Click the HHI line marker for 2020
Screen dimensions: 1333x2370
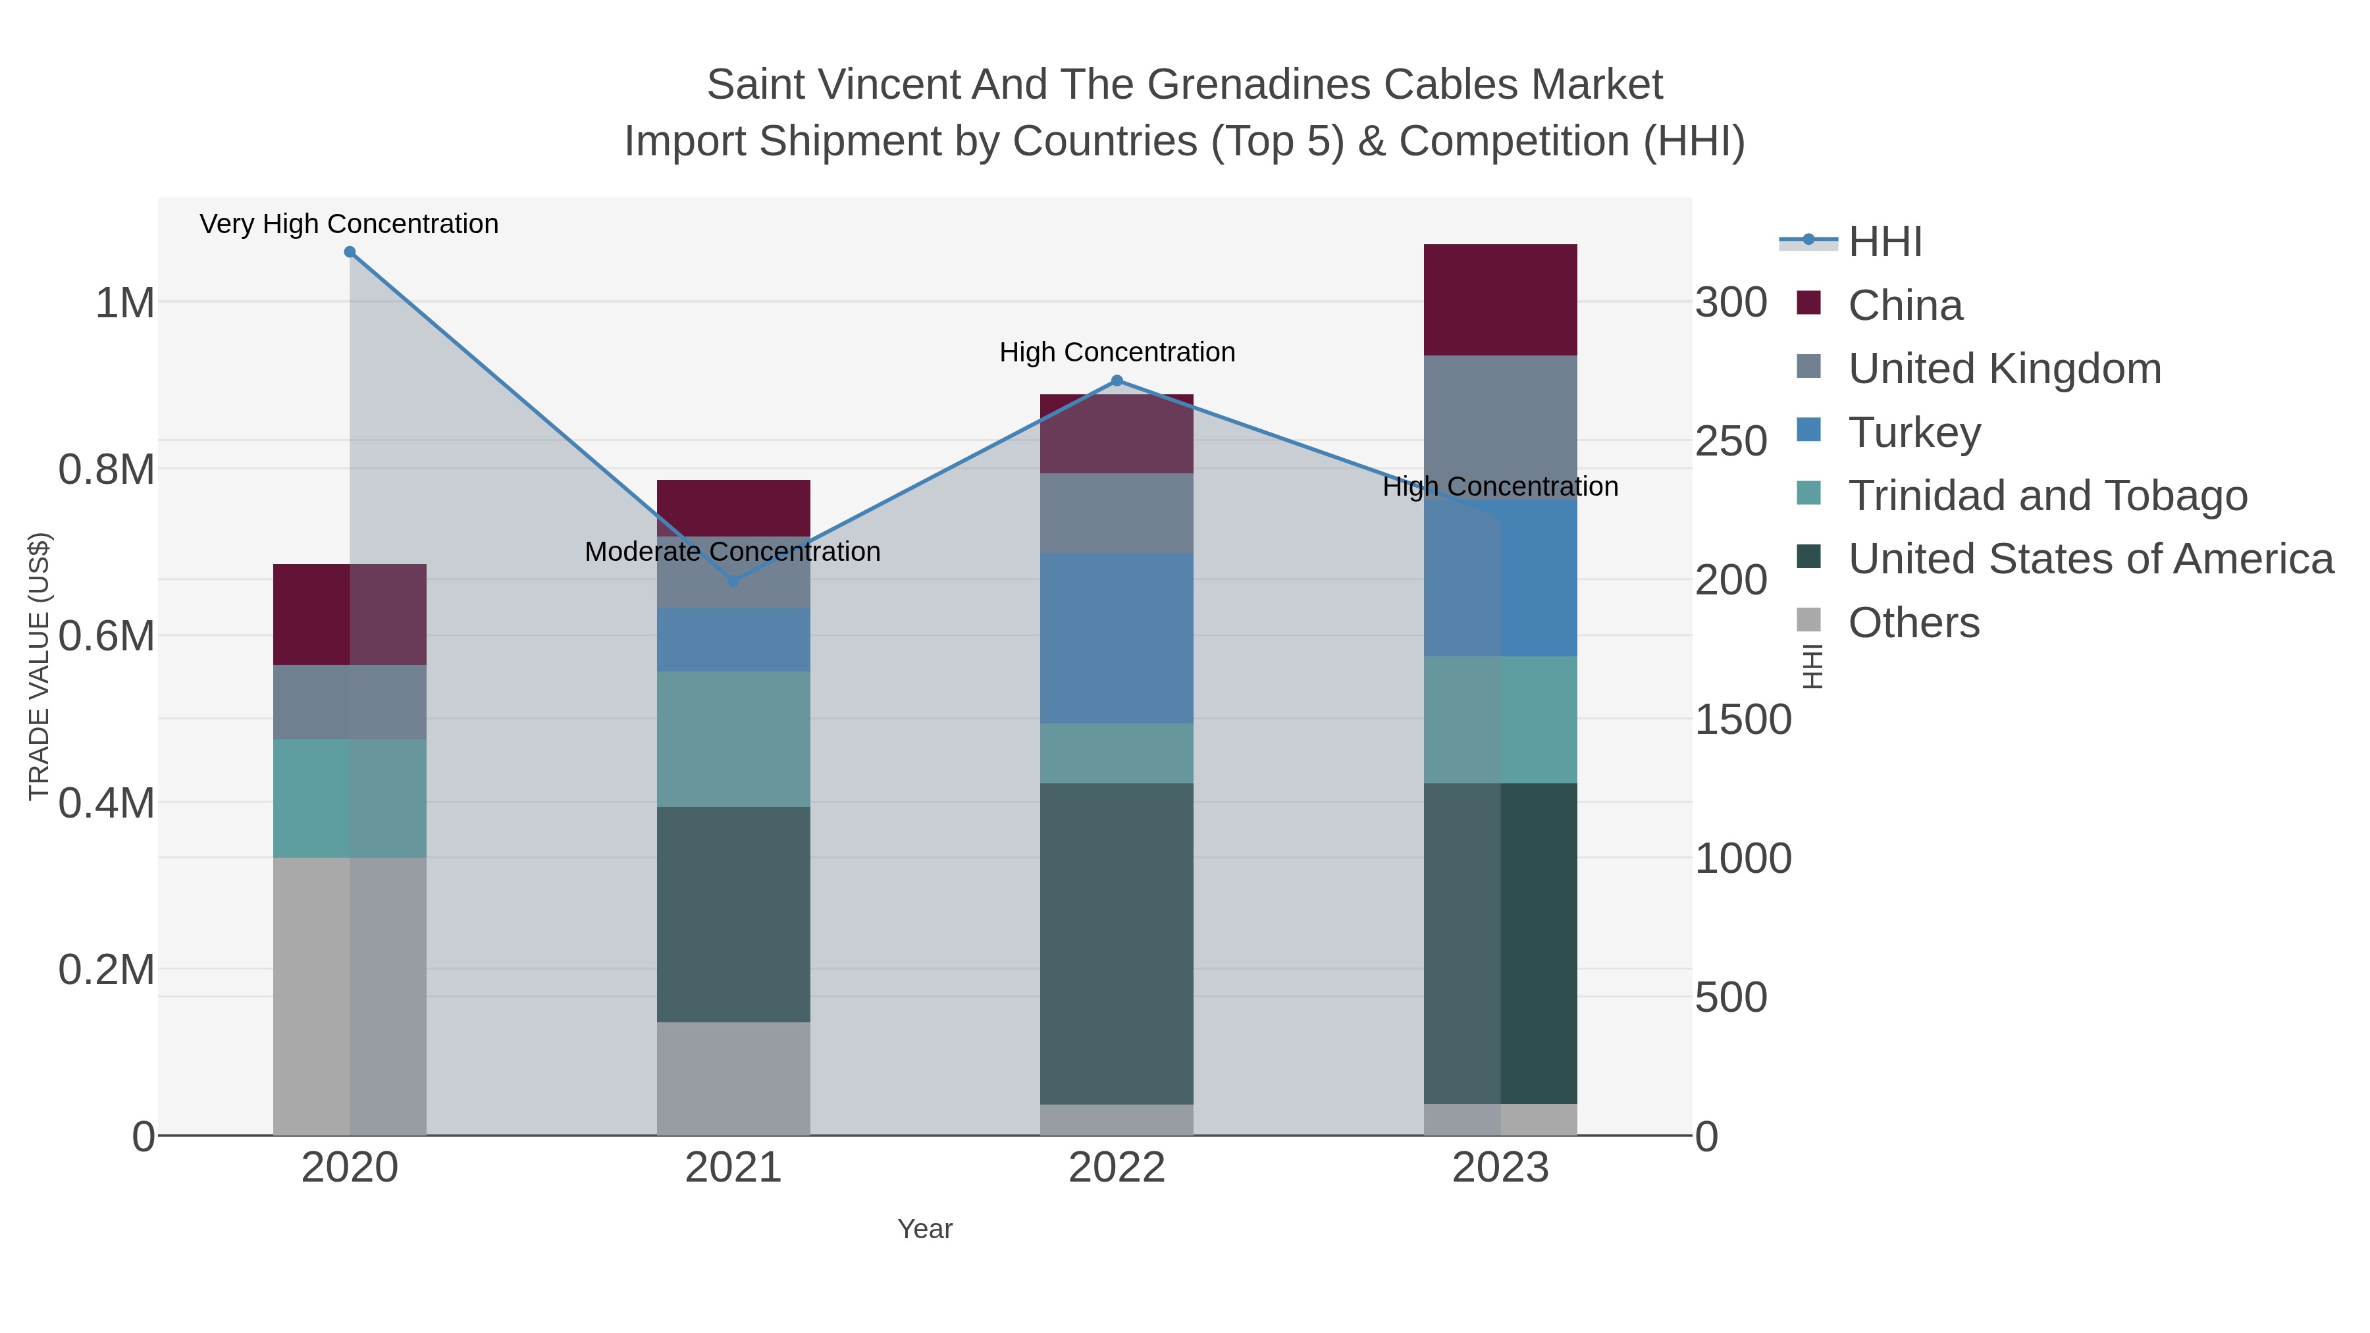tap(350, 252)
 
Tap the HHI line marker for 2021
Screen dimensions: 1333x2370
tap(733, 581)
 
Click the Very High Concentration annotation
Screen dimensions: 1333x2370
tap(350, 224)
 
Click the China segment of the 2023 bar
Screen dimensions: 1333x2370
tap(1500, 300)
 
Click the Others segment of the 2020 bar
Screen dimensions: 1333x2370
tap(350, 997)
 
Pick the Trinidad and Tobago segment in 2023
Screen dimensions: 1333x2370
tap(1500, 719)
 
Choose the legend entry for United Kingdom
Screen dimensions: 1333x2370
tap(2004, 369)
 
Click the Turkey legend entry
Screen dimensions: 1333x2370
tap(1914, 432)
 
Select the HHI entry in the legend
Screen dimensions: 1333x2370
tap(1884, 242)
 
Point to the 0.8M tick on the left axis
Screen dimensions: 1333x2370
tap(107, 469)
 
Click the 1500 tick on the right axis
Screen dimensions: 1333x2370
tap(1743, 719)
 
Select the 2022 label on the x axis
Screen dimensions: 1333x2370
tap(1117, 1168)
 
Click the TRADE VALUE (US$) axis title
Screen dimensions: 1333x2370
tap(39, 666)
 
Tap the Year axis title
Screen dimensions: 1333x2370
tap(925, 1229)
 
